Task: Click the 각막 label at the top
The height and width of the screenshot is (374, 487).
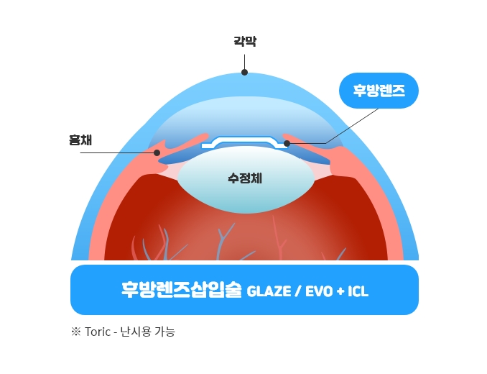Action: coord(245,41)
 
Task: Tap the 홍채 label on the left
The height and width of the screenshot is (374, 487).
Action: coord(80,140)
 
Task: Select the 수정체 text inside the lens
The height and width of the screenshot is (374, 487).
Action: coord(245,178)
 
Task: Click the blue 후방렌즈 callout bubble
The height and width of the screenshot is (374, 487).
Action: coord(379,91)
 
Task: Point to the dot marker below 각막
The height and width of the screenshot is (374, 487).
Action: coord(244,73)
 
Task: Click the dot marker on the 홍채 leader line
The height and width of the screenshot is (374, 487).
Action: coord(157,152)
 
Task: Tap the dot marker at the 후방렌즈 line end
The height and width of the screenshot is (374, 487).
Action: coord(287,143)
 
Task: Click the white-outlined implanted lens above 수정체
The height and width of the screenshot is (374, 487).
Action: coord(244,142)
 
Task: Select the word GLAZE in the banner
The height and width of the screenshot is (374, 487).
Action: coord(269,291)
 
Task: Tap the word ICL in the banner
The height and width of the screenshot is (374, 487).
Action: coord(358,291)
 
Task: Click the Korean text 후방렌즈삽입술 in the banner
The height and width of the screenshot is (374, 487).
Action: coord(182,290)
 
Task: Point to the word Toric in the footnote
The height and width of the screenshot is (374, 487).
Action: coord(98,332)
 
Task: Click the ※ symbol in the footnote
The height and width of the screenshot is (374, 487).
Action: coord(76,332)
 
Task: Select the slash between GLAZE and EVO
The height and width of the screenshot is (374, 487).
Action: coord(298,291)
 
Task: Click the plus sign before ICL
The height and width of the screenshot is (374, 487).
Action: coord(340,291)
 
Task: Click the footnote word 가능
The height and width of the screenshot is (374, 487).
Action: coord(165,332)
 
